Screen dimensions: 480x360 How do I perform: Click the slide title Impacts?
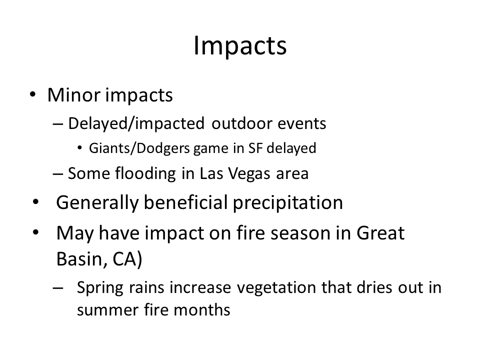pos(240,46)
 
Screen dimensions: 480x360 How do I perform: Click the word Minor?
pos(74,95)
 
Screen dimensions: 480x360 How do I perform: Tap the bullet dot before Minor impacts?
pos(33,94)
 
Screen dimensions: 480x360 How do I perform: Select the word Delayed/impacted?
pos(136,123)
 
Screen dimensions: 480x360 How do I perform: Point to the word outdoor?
pos(241,123)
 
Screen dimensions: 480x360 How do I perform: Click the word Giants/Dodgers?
pos(139,148)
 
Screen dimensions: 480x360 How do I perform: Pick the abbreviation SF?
pos(255,148)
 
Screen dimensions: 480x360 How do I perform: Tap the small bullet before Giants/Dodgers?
pos(79,148)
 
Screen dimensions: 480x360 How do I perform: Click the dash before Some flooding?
pos(58,174)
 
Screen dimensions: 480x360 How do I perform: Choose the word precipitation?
pos(288,203)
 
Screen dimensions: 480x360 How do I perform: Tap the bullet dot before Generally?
pos(36,202)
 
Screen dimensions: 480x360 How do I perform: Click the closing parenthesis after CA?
pos(140,259)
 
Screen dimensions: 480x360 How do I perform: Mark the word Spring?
pos(100,288)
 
